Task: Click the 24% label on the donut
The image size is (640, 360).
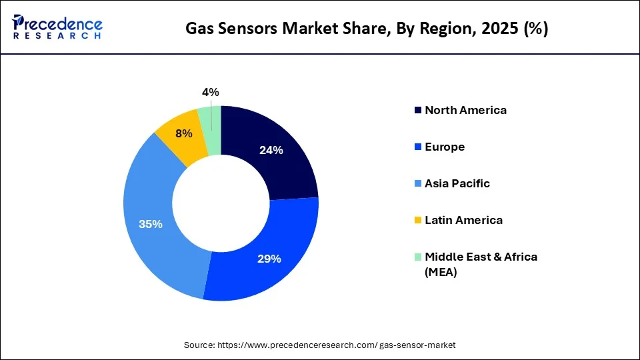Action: coord(271,151)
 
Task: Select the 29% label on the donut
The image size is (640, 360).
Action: coord(269,259)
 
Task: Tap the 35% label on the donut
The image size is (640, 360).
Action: coord(151,224)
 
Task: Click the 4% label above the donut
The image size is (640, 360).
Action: coord(211,93)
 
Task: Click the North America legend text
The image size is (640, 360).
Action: coord(465,110)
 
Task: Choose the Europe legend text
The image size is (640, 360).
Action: coord(445,147)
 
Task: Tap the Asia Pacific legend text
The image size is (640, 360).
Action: coord(457,183)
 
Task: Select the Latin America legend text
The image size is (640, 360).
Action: coord(463,220)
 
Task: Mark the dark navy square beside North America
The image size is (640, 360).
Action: coord(418,111)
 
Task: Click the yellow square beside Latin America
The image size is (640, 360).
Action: coord(418,221)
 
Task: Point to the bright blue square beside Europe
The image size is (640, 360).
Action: coord(418,147)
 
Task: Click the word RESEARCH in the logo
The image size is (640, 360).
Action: coord(57,36)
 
